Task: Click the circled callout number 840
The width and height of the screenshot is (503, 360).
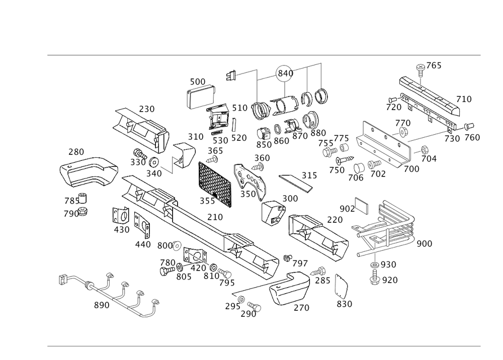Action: (x=285, y=73)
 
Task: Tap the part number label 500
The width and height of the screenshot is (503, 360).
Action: (x=198, y=81)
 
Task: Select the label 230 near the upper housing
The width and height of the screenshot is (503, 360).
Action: (x=147, y=109)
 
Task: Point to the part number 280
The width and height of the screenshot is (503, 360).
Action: (x=76, y=151)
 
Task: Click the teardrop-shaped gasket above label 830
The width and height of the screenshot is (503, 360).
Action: (x=343, y=285)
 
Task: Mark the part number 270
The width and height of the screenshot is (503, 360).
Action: (x=301, y=308)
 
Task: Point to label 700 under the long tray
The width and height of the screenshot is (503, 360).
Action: (x=411, y=169)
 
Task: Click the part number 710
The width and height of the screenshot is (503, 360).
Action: (x=464, y=100)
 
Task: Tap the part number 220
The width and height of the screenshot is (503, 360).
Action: (x=334, y=219)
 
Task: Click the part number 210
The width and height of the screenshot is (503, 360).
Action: (x=215, y=217)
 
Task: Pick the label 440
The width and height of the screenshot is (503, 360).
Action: (x=143, y=244)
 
